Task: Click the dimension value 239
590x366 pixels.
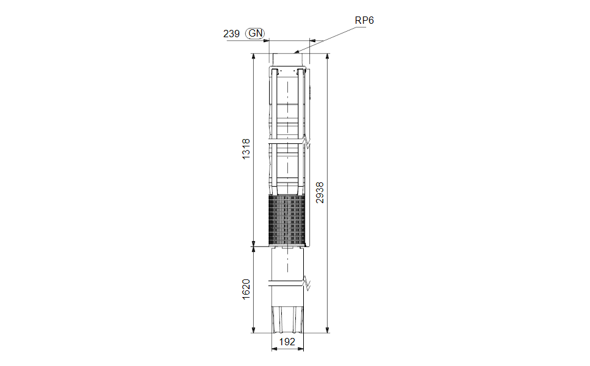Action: [x=231, y=34]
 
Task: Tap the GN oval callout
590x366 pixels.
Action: [x=255, y=34]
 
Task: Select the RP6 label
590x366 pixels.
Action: [x=364, y=20]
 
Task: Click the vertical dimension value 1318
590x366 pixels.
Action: [x=246, y=149]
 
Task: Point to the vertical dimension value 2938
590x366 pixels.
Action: [x=320, y=193]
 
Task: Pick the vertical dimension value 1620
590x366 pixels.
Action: [x=246, y=289]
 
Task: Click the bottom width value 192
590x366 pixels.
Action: [x=287, y=342]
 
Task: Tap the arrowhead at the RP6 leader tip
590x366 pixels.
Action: [x=296, y=52]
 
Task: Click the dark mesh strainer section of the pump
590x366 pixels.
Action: [x=287, y=220]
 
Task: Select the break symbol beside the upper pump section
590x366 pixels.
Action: [x=307, y=142]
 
